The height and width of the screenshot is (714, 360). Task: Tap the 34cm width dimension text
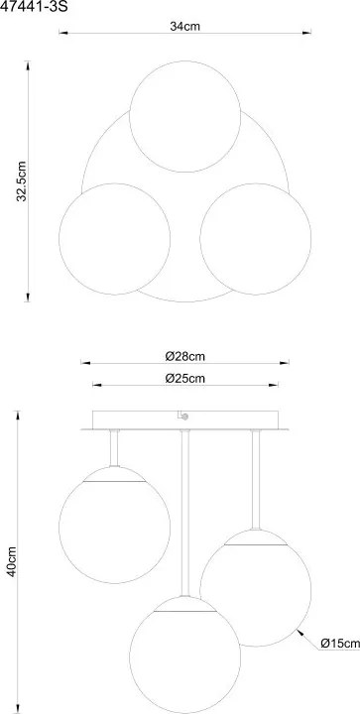tap(185, 26)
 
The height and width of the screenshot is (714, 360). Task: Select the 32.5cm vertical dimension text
tap(23, 181)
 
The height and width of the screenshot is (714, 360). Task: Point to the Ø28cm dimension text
tap(185, 356)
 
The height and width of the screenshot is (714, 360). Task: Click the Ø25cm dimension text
tap(185, 378)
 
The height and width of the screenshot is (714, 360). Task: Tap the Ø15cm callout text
tap(340, 643)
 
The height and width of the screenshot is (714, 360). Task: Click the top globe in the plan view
tap(184, 116)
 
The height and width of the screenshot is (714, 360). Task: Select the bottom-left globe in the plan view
tap(115, 238)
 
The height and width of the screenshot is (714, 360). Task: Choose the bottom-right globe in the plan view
tap(255, 238)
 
